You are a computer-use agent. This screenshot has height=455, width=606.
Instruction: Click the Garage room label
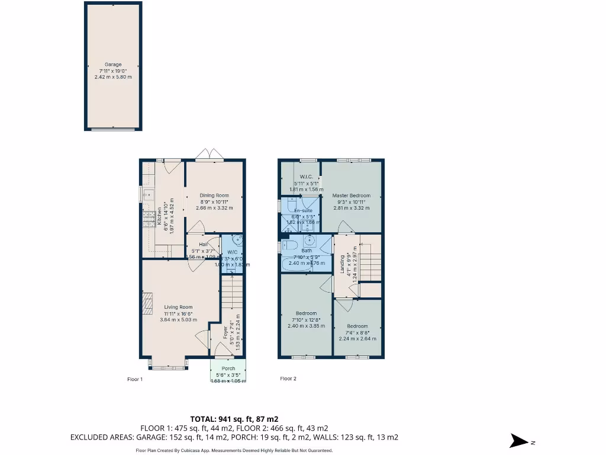(x=113, y=65)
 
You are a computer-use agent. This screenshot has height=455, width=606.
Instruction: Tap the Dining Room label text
(x=214, y=196)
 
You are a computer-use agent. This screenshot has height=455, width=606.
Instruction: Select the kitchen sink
(x=147, y=193)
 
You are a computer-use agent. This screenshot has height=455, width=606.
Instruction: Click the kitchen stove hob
(x=148, y=220)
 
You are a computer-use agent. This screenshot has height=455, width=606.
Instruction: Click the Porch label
(x=228, y=369)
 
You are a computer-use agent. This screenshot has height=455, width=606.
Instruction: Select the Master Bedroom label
(x=351, y=196)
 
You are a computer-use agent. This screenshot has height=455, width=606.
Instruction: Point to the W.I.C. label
(x=306, y=177)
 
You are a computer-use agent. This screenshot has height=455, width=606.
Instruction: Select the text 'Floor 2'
(x=288, y=379)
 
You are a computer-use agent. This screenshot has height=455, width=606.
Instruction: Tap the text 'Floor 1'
(x=136, y=379)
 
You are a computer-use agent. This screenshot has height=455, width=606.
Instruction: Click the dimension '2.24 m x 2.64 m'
(x=357, y=332)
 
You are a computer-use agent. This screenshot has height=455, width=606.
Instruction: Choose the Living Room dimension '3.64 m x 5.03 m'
(x=178, y=320)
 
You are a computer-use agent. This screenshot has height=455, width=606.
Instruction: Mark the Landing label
(x=343, y=264)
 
